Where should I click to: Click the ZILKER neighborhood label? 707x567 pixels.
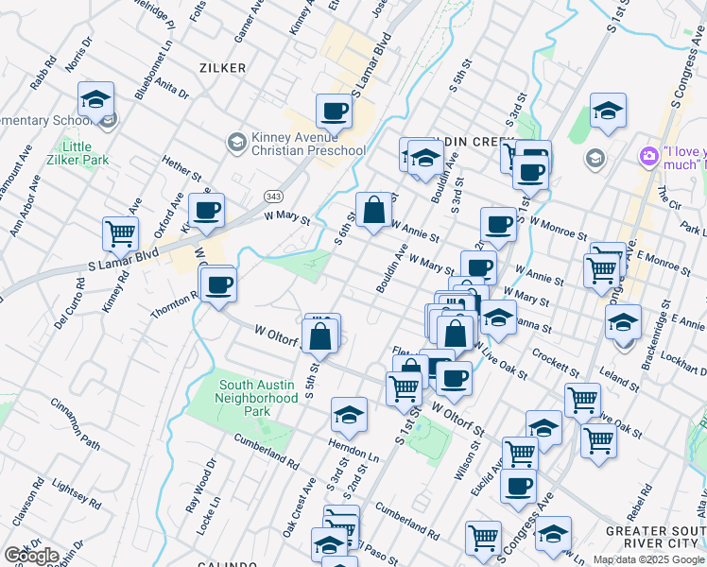(222, 68)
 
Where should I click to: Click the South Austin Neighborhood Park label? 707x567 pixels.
(258, 398)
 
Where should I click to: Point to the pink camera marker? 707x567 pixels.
(649, 155)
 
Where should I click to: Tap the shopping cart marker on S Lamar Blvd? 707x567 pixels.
(120, 233)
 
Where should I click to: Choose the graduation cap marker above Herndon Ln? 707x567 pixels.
(349, 414)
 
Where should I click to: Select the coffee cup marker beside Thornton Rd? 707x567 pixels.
(218, 283)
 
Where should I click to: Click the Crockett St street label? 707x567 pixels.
(554, 358)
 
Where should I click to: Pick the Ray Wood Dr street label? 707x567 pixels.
(200, 485)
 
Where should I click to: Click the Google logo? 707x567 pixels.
(31, 555)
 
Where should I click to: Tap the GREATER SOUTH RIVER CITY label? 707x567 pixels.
(654, 537)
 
